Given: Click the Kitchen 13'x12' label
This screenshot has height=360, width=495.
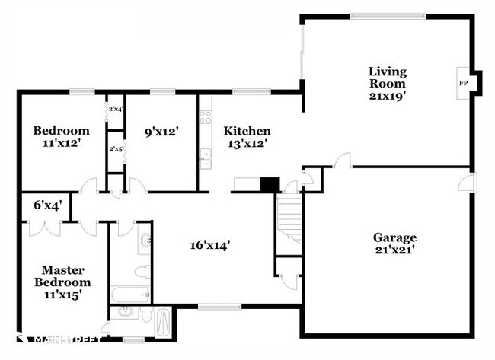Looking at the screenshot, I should [x=247, y=136].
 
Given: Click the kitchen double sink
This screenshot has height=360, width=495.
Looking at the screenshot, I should [x=204, y=158].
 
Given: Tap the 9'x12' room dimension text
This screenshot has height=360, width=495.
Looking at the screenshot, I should [x=161, y=131].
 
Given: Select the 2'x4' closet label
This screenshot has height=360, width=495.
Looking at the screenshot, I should [x=115, y=111].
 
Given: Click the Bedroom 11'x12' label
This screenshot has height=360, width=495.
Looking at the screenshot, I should [x=62, y=136].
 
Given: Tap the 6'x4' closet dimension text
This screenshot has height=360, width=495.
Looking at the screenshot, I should [x=48, y=205].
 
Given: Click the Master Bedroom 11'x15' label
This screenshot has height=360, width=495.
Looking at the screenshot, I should [x=62, y=281].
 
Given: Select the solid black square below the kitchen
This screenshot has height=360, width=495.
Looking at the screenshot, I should [x=270, y=185].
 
